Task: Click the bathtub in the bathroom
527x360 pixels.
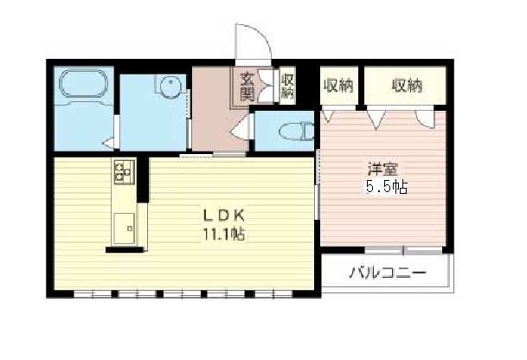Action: [x=84, y=83]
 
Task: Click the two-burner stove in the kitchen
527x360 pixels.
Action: [x=125, y=171]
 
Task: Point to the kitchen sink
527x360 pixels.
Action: [x=125, y=228]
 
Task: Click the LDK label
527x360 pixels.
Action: [x=223, y=215]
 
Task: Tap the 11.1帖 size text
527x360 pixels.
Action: [x=223, y=234]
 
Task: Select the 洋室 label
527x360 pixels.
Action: [x=382, y=170]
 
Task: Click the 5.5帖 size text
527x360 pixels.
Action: [x=387, y=187]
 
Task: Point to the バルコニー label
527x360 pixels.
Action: [x=387, y=272]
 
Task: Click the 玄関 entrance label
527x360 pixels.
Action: [x=247, y=87]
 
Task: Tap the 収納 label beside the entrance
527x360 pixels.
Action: [x=287, y=86]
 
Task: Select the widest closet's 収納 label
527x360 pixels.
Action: [x=407, y=86]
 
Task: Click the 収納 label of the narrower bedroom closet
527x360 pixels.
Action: [x=338, y=86]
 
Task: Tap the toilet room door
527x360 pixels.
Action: [x=242, y=128]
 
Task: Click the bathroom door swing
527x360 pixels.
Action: [x=110, y=144]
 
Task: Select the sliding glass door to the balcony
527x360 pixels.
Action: [x=403, y=250]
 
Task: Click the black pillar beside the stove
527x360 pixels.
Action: [x=143, y=179]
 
